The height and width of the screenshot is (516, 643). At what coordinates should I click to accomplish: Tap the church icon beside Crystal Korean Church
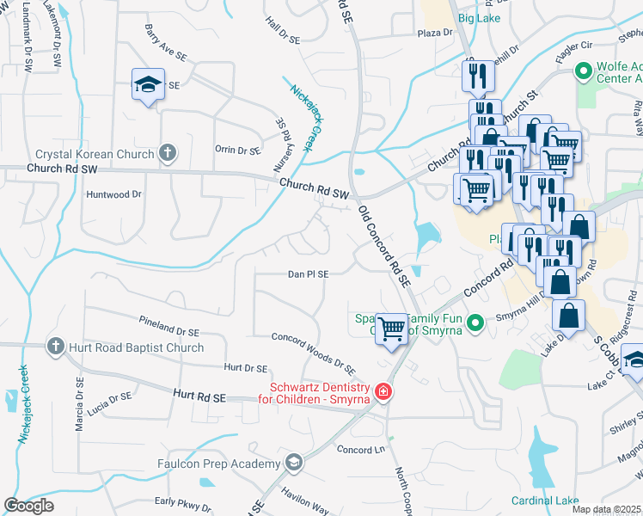pyautogui.click(x=168, y=154)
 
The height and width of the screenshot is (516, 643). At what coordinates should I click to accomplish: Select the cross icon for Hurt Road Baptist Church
pyautogui.click(x=56, y=347)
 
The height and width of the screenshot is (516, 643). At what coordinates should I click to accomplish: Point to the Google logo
pyautogui.click(x=28, y=506)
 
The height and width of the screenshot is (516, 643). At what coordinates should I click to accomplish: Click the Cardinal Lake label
pyautogui.click(x=544, y=501)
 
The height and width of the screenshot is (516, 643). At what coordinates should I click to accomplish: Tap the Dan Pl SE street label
pyautogui.click(x=308, y=274)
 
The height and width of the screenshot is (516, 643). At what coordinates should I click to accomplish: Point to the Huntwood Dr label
pyautogui.click(x=113, y=194)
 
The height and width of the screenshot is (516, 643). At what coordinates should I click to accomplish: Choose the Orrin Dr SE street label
pyautogui.click(x=237, y=150)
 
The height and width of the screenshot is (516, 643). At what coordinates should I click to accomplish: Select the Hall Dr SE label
pyautogui.click(x=283, y=30)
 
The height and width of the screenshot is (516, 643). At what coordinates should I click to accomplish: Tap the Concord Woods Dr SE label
pyautogui.click(x=314, y=353)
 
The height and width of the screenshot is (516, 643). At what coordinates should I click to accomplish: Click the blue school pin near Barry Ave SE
pyautogui.click(x=148, y=84)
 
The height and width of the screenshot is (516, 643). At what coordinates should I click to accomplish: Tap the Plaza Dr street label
pyautogui.click(x=434, y=33)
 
